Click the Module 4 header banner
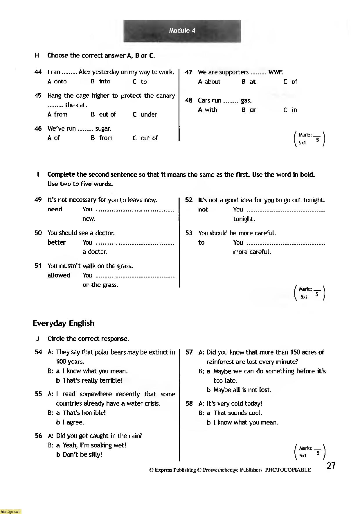[x=182, y=31]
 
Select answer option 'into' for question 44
[x=105, y=82]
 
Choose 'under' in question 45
[x=149, y=114]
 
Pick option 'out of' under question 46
[x=149, y=138]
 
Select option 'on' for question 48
[x=253, y=110]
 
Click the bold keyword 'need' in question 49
[x=55, y=209]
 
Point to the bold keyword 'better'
[x=57, y=242]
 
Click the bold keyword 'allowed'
[x=59, y=275]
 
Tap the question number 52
[x=189, y=200]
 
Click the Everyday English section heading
[x=64, y=323]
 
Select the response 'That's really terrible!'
[x=93, y=380]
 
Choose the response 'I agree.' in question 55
[x=73, y=422]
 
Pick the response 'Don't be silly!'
[x=82, y=455]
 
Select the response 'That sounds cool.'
[x=238, y=413]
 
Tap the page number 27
[x=331, y=466]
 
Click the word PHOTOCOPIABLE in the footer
[x=288, y=470]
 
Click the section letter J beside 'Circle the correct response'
[x=37, y=339]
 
